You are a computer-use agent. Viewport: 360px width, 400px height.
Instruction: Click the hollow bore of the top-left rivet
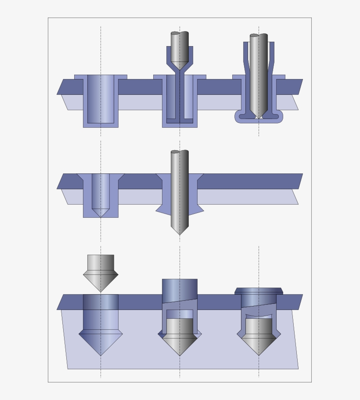[x=101, y=98]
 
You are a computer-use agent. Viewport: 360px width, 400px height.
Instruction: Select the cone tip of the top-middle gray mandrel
[x=180, y=65]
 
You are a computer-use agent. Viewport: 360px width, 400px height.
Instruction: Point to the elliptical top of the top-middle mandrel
[x=175, y=33]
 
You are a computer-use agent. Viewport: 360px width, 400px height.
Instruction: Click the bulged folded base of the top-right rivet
[x=259, y=117]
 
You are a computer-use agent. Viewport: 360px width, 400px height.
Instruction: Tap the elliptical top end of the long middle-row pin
[x=175, y=152]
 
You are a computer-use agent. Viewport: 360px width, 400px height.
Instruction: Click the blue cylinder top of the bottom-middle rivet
[x=180, y=290]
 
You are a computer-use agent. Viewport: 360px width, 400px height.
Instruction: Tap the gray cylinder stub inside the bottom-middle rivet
[x=180, y=326]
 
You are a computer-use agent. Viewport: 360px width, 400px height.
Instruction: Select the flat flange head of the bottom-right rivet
[x=259, y=291]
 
